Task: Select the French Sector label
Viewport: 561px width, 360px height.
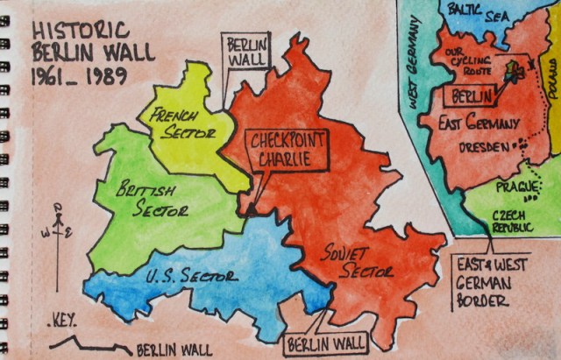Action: pos(186,125)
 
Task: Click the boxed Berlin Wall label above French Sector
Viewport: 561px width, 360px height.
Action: pos(247,52)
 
